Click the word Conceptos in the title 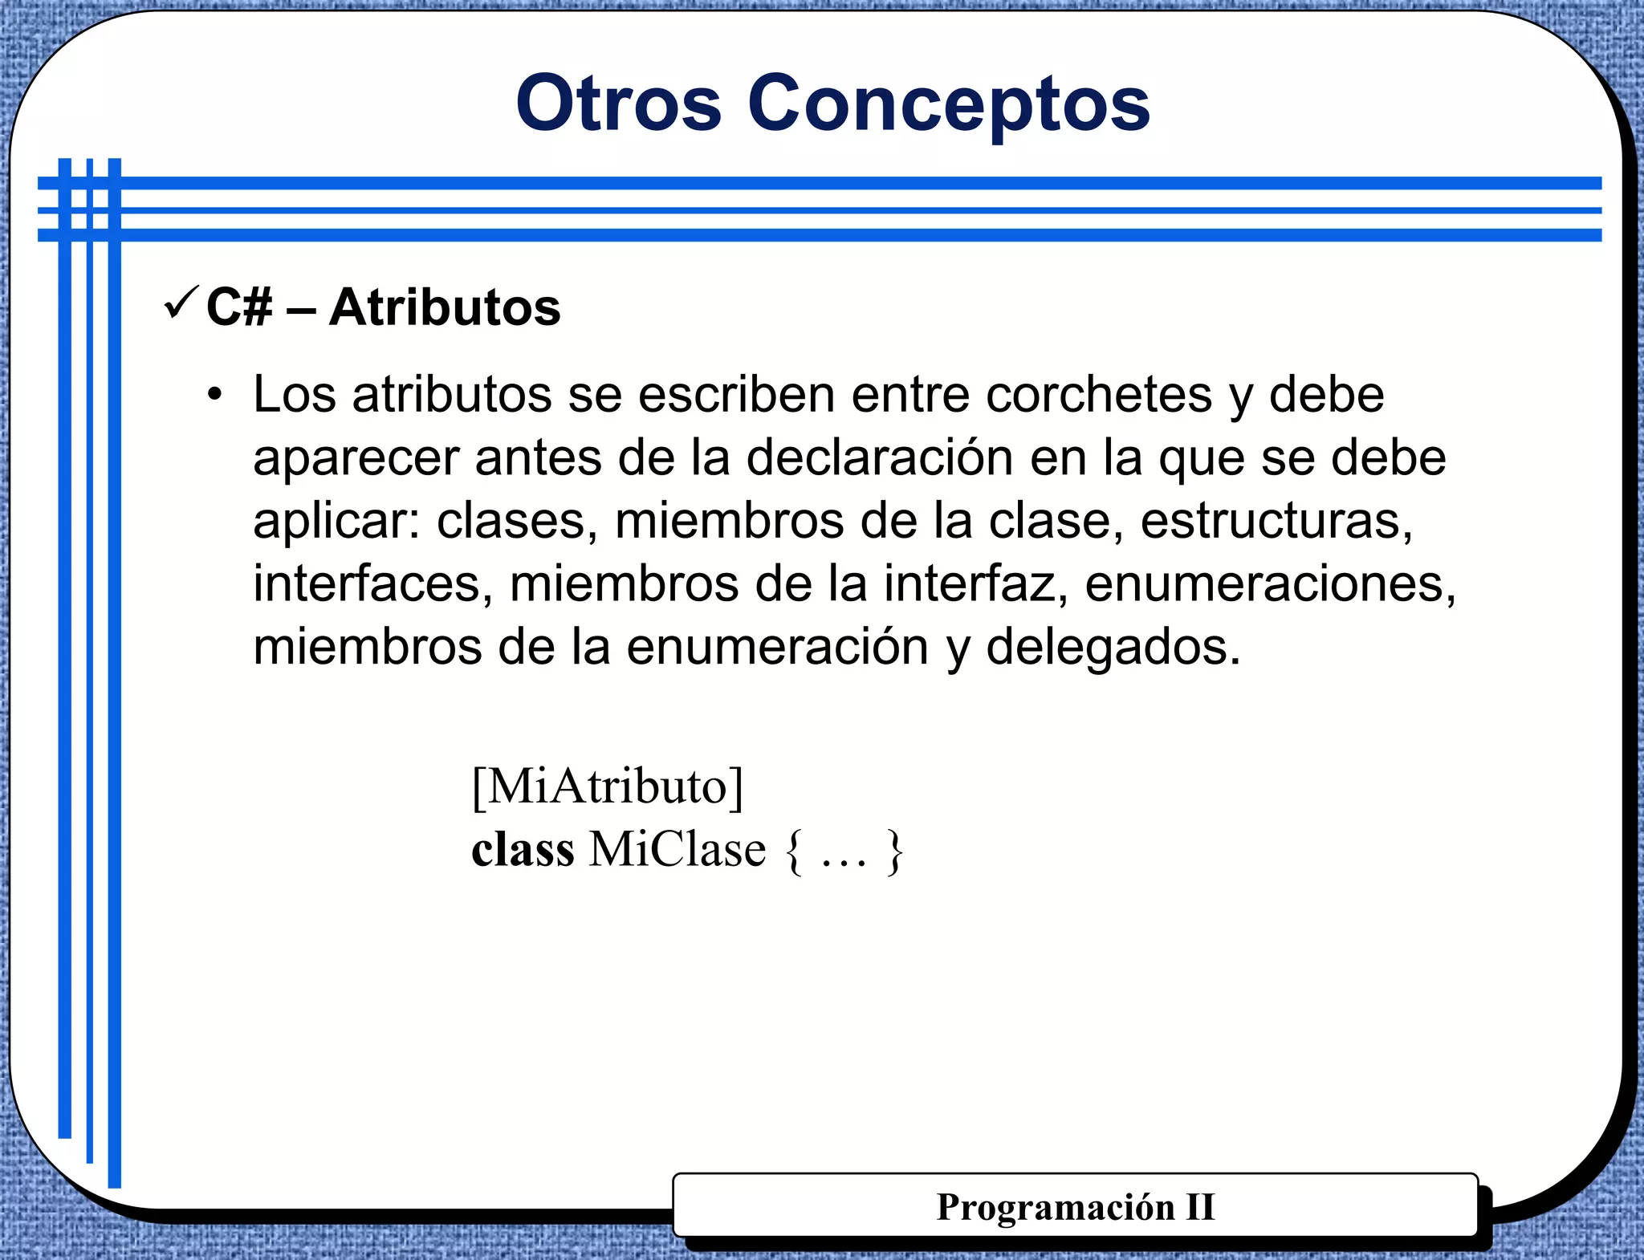949,104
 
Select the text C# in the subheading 238,307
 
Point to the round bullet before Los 214,395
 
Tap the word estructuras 1276,520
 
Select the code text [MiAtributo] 608,786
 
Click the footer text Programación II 1075,1206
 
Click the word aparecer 355,459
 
